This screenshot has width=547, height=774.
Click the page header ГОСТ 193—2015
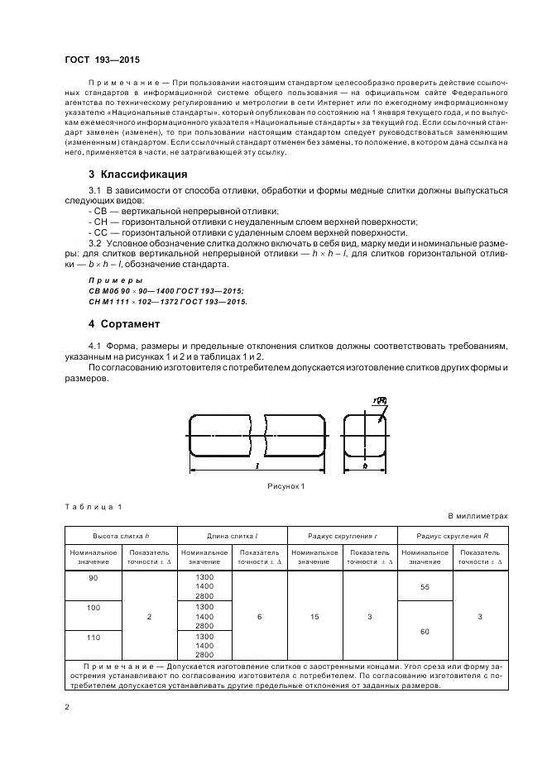[x=102, y=60]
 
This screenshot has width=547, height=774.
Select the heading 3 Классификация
[x=137, y=174]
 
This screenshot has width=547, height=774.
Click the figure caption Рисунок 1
[x=285, y=486]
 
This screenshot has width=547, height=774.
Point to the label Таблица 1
[x=93, y=506]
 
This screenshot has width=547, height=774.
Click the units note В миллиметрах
[x=478, y=516]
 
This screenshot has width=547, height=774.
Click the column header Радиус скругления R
[x=453, y=535]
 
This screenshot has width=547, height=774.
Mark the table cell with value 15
[x=314, y=616]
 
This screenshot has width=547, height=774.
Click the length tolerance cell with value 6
[x=259, y=616]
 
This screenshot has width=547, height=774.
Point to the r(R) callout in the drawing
[x=380, y=400]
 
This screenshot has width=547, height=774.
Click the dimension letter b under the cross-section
[x=364, y=467]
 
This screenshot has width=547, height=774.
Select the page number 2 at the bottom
[x=67, y=707]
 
